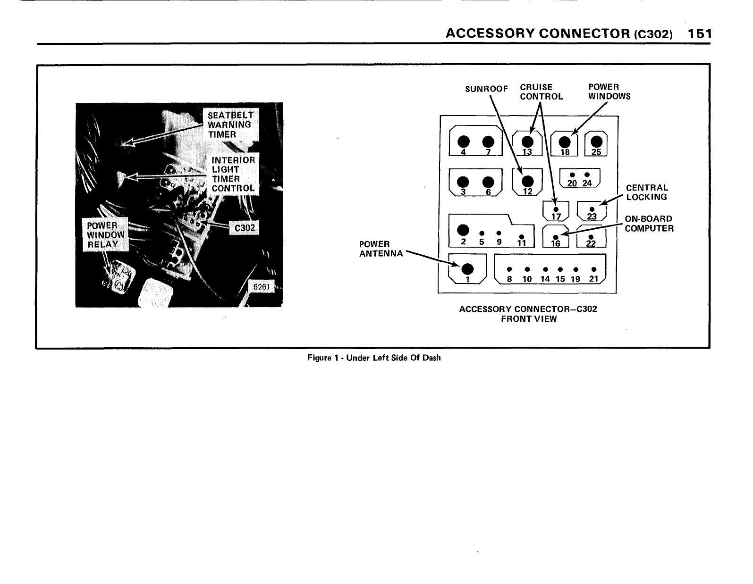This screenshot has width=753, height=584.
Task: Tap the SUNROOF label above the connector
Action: pos(486,89)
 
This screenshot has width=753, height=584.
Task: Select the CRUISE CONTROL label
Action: pos(541,92)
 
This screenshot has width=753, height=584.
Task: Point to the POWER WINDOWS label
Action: pos(609,92)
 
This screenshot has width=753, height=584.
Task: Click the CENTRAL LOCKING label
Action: pos(647,192)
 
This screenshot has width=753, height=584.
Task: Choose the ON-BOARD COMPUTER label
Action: pos(649,224)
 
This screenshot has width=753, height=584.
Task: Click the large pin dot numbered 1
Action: pos(467,268)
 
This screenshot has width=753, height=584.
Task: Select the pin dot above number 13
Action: pos(527,141)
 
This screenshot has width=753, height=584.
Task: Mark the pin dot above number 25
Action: pos(596,141)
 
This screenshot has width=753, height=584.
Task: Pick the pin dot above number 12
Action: pos(527,181)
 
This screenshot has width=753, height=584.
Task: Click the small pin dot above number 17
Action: pos(556,209)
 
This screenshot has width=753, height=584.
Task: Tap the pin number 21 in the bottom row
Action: pos(593,279)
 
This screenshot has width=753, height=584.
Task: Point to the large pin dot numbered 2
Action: pos(464,230)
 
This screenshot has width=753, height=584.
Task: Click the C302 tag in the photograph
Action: pos(245,228)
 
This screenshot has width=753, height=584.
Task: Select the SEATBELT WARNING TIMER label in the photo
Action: pos(229,125)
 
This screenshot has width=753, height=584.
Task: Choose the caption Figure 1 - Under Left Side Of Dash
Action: pos(374,358)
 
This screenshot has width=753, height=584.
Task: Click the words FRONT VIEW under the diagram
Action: pos(529,319)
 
